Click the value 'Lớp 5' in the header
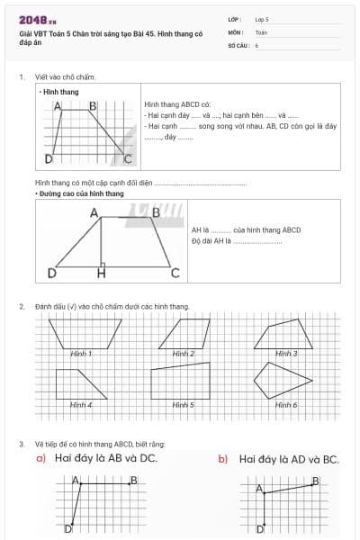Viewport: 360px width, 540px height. tap(262, 19)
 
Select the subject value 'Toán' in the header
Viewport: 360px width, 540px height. tap(261, 31)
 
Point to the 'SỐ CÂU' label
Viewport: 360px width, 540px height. tap(238, 44)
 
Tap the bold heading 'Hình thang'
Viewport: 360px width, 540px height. tap(60, 92)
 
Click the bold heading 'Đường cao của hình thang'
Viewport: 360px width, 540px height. tap(79, 193)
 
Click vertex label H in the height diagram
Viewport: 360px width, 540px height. tap(101, 273)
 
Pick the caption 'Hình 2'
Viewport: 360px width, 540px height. tap(184, 354)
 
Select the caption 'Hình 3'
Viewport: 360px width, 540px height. tap(286, 354)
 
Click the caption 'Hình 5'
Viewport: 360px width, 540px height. tap(184, 405)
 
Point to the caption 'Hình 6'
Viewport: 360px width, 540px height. tap(286, 405)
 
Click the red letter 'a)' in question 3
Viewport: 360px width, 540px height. tap(41, 459)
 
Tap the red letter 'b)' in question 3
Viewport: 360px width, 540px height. tap(222, 459)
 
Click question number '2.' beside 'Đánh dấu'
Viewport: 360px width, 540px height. tap(22, 307)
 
